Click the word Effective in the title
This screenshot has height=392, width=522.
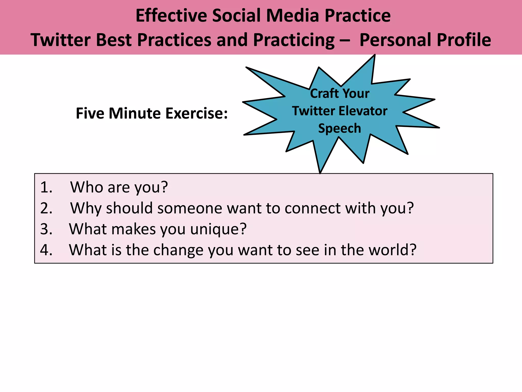[171, 16]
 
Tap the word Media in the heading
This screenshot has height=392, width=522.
[293, 16]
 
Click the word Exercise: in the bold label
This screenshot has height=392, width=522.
[196, 113]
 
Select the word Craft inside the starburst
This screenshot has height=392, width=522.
[324, 93]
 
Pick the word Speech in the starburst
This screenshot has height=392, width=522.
[340, 128]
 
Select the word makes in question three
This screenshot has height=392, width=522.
[134, 229]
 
